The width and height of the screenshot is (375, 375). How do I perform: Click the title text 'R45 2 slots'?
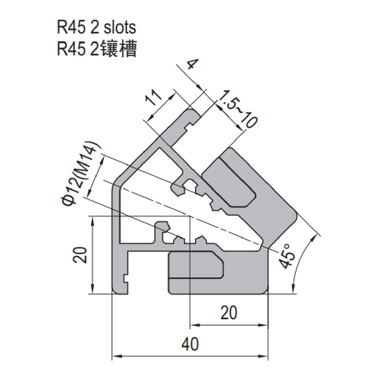(96, 27)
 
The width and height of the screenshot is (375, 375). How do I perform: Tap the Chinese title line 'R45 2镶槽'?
(96, 49)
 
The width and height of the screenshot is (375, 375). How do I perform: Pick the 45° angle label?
(288, 256)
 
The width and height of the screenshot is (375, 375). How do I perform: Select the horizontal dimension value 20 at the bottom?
(229, 313)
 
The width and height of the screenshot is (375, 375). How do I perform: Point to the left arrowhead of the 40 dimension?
(116, 357)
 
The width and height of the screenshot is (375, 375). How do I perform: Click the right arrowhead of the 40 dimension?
(265, 357)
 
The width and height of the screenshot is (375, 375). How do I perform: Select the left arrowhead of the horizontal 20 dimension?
(193, 326)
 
